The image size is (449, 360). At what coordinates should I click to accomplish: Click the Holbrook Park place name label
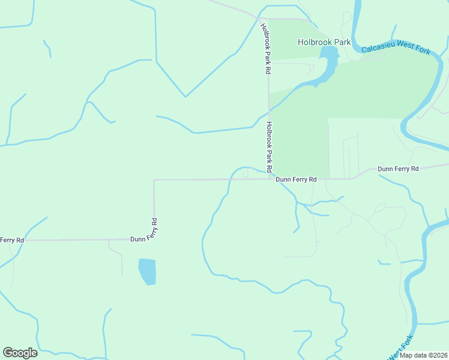point(324,42)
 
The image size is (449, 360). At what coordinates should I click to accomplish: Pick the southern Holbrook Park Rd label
point(270,146)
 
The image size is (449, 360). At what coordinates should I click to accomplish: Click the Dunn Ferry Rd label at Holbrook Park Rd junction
point(296,179)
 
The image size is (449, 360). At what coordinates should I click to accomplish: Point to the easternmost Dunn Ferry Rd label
point(398,169)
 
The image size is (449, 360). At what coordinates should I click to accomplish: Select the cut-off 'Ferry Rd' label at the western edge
point(12,240)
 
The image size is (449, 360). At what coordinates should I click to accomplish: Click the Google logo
point(20,353)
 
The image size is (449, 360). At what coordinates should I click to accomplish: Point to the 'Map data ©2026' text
point(423,355)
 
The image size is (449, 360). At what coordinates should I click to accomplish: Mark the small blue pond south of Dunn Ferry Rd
point(147,271)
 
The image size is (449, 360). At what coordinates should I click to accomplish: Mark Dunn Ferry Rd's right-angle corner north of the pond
point(154,179)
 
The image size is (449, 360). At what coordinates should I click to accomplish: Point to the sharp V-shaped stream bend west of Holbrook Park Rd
point(185,97)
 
